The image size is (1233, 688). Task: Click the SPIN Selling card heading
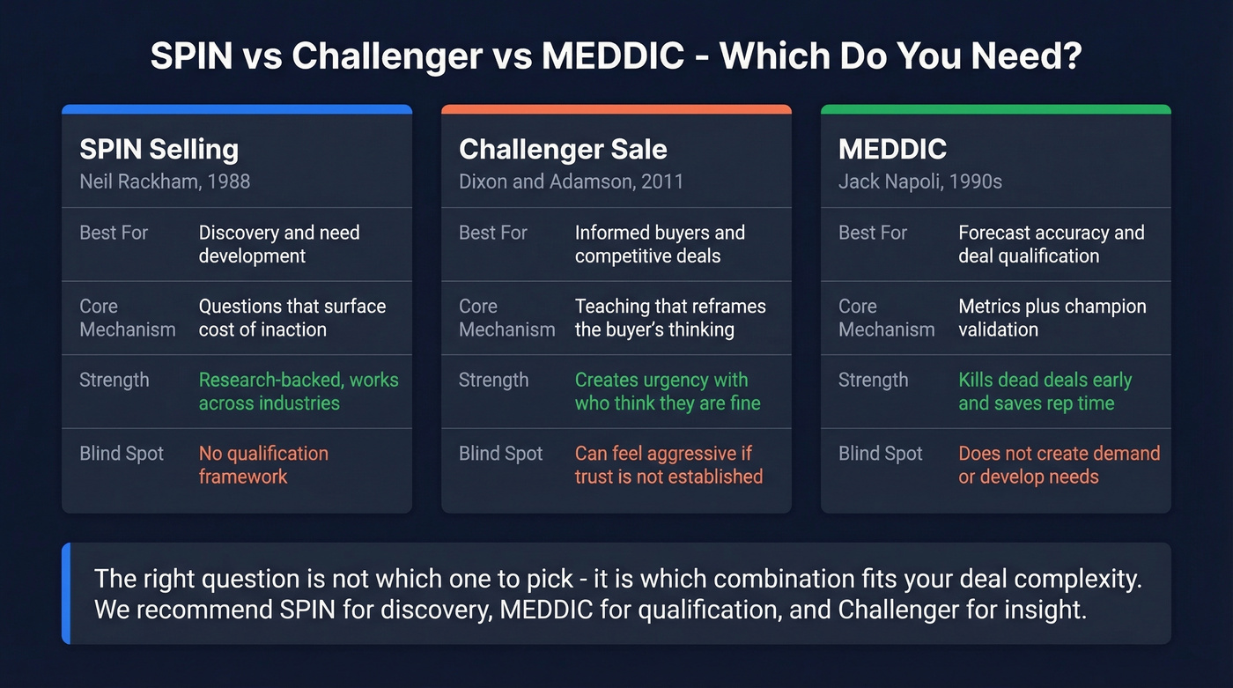click(159, 149)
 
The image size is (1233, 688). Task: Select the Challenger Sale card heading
click(563, 149)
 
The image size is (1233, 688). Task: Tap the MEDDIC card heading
click(892, 149)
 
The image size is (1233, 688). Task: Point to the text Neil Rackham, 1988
click(165, 181)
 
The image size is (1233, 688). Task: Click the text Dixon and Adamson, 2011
click(571, 181)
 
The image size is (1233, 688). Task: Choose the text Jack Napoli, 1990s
click(919, 181)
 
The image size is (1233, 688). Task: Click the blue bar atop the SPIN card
click(237, 109)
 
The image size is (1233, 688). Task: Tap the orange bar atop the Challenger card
click(616, 109)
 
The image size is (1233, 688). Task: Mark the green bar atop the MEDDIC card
click(995, 109)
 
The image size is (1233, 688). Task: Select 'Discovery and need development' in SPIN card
click(278, 244)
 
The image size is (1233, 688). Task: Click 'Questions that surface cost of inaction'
click(292, 318)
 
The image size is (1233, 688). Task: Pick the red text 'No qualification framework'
click(262, 465)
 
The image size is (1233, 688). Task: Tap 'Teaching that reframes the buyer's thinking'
click(669, 318)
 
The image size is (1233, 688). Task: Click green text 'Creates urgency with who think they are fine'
click(667, 392)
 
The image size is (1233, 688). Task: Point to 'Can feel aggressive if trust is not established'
click(668, 465)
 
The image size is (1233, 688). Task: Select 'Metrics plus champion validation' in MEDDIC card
click(1052, 318)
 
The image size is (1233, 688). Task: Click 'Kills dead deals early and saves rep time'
click(1045, 392)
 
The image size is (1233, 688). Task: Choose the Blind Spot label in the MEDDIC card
click(880, 454)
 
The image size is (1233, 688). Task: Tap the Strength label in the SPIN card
click(114, 380)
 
